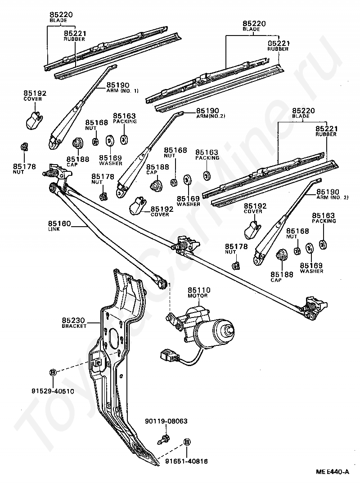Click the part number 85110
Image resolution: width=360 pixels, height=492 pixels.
tap(199, 290)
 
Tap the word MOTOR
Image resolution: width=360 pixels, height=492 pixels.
tap(198, 296)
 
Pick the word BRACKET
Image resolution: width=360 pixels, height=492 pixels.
tap(74, 326)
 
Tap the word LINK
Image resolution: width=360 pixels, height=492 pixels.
tap(54, 229)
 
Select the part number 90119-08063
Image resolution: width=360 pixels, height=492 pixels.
tap(166, 421)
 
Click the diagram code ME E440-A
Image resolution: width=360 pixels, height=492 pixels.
tap(332, 472)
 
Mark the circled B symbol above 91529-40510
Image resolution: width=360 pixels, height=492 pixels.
tap(53, 372)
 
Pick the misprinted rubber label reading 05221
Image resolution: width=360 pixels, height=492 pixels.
tap(278, 43)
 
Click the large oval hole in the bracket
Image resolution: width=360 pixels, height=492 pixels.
tap(114, 339)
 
